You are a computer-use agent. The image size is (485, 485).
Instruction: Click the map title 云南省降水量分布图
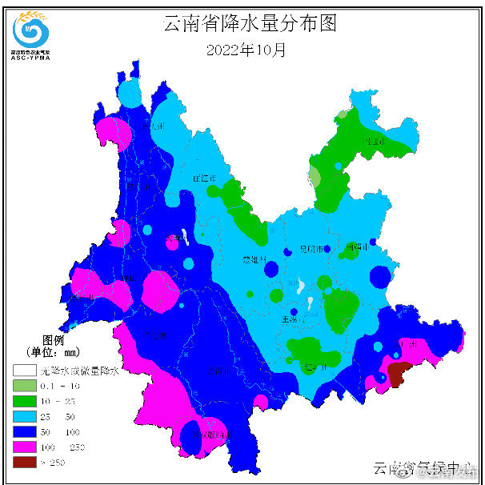pos(250,23)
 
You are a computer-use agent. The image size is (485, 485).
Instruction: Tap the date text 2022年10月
pos(246,50)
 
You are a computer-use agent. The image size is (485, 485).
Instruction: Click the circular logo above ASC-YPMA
pos(31,30)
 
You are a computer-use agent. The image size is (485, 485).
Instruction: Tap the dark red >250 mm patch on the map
pos(398,373)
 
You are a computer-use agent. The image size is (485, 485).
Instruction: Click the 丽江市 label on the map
pos(205,178)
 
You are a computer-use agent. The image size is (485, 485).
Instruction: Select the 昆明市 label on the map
pos(310,250)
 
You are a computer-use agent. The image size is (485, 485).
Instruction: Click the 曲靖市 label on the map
pos(355,247)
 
